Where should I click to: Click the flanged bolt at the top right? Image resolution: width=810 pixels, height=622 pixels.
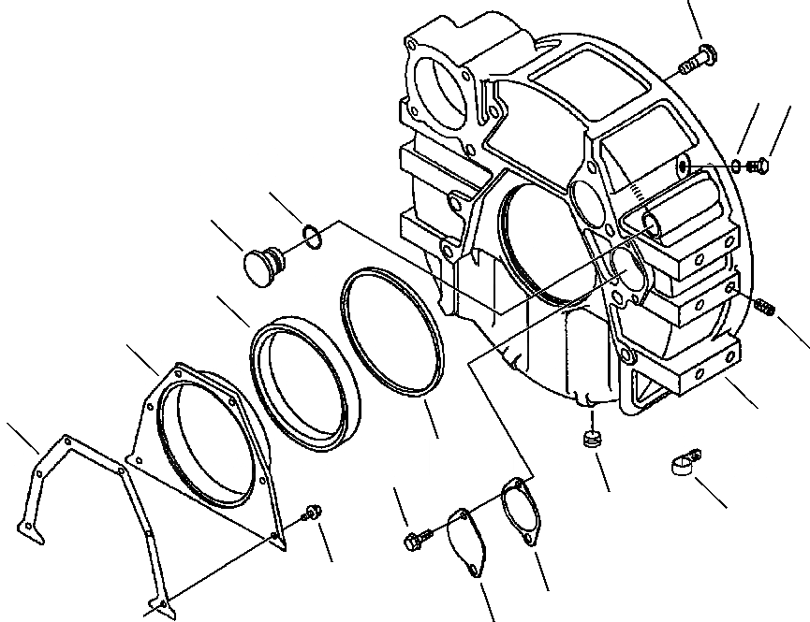click(x=698, y=59)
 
